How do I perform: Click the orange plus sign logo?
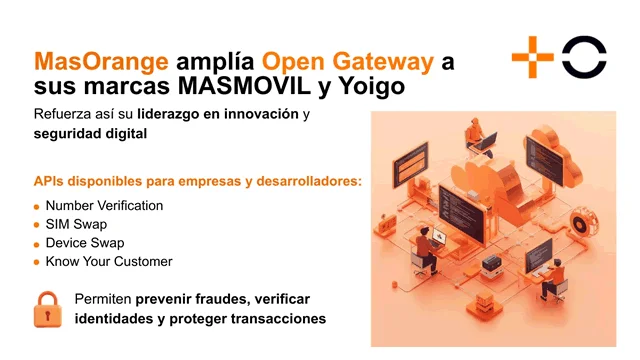pyautogui.click(x=531, y=56)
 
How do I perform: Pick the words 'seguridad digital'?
pyautogui.click(x=90, y=135)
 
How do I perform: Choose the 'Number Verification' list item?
pyautogui.click(x=104, y=205)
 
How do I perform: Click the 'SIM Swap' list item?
pyautogui.click(x=76, y=224)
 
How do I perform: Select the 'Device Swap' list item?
pyautogui.click(x=84, y=243)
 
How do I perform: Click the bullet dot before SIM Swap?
pyautogui.click(x=36, y=225)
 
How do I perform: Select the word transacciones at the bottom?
pyautogui.click(x=274, y=320)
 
